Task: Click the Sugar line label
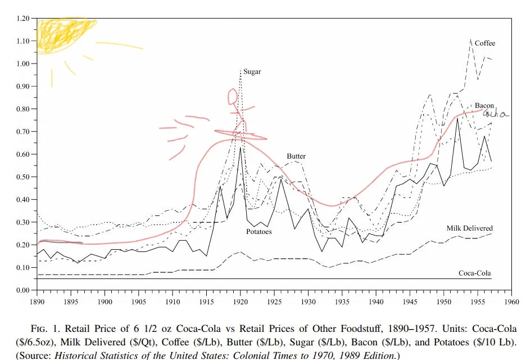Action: pyautogui.click(x=252, y=72)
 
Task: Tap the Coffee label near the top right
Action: pyautogui.click(x=484, y=43)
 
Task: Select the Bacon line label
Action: pyautogui.click(x=484, y=105)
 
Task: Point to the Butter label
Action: pyautogui.click(x=296, y=156)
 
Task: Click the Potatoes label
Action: pyautogui.click(x=259, y=231)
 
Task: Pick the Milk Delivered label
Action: pyautogui.click(x=469, y=228)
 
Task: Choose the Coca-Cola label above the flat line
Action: pyautogui.click(x=474, y=274)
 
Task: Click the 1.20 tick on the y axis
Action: pyautogui.click(x=22, y=19)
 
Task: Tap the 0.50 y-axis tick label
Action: pyautogui.click(x=22, y=177)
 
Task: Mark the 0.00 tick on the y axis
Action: pyautogui.click(x=22, y=290)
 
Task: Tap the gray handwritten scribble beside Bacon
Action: pyautogui.click(x=497, y=114)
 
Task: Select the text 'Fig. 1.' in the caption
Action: pyautogui.click(x=48, y=327)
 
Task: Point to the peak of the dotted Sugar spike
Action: pyautogui.click(x=241, y=70)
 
